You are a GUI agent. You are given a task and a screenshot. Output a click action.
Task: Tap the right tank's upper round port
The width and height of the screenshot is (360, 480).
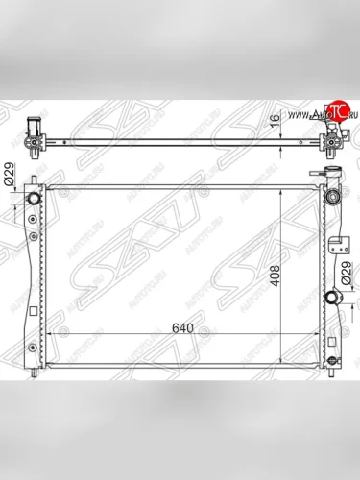[x=334, y=196]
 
